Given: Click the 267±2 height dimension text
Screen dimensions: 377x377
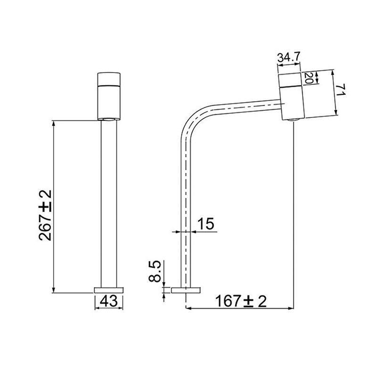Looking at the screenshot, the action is pyautogui.click(x=45, y=215).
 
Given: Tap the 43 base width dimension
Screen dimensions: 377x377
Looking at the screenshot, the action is pyautogui.click(x=109, y=301).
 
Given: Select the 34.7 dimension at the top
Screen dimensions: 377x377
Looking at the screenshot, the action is pyautogui.click(x=289, y=57).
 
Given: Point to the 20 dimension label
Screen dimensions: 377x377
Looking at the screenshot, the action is pyautogui.click(x=309, y=78).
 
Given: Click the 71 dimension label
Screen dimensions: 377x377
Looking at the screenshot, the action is pyautogui.click(x=340, y=90).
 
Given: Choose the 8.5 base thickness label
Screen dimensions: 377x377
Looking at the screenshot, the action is pyautogui.click(x=155, y=271).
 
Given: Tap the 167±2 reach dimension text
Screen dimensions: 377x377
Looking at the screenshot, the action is pyautogui.click(x=241, y=301).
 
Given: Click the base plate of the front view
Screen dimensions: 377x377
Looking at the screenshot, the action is pyautogui.click(x=109, y=290).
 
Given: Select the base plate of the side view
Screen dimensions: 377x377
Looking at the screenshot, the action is pyautogui.click(x=186, y=290).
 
